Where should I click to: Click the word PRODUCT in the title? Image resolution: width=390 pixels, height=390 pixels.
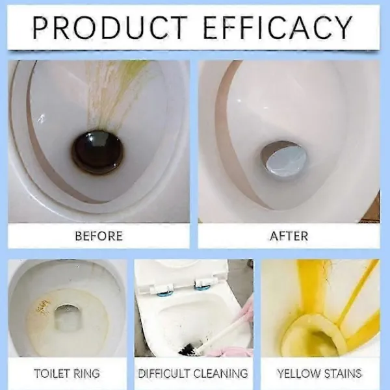(110, 27)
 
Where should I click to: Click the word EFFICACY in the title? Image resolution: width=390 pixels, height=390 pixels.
(278, 27)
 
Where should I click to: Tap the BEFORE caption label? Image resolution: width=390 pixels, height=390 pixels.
(99, 236)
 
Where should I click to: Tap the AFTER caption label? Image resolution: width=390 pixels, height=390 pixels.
(289, 236)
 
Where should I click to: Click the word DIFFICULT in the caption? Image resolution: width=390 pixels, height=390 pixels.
(164, 374)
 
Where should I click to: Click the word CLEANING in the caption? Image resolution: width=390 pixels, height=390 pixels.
(220, 374)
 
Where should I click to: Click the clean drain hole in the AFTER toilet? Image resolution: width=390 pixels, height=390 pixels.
(283, 159)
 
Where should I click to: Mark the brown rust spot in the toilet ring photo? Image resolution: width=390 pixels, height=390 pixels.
(42, 306)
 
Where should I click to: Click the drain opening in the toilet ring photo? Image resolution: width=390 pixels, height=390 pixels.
(67, 317)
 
